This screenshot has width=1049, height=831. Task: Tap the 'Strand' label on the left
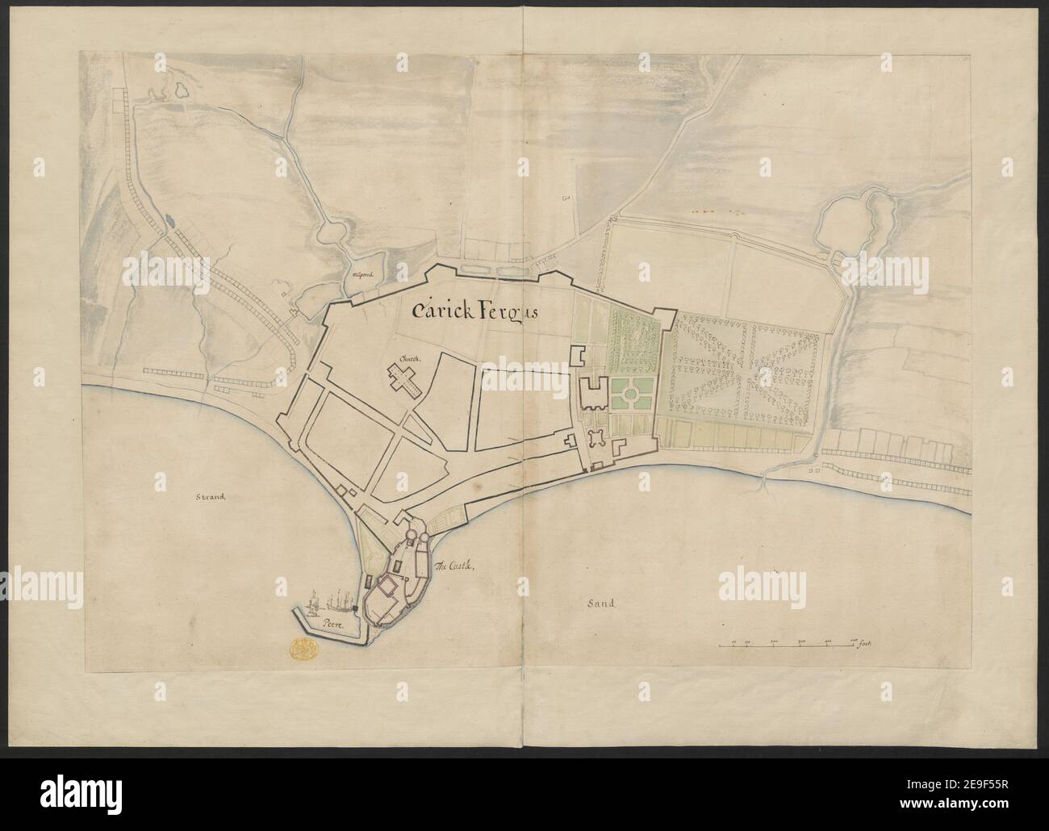207,497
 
